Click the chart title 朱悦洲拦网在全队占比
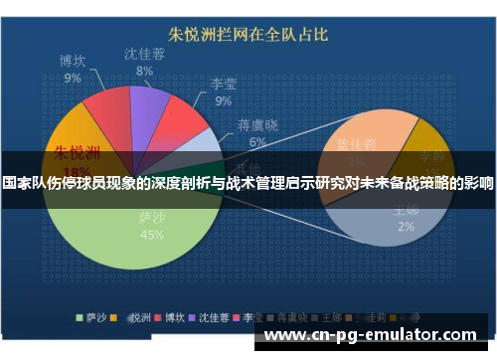pos(248,35)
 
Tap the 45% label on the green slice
pos(153,236)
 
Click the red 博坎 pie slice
pos(104,117)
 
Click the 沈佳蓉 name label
pos(145,54)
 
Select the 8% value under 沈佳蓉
pos(145,72)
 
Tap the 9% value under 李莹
pos(224,100)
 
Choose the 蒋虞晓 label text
pos(256,125)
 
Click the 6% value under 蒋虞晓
pos(256,142)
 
